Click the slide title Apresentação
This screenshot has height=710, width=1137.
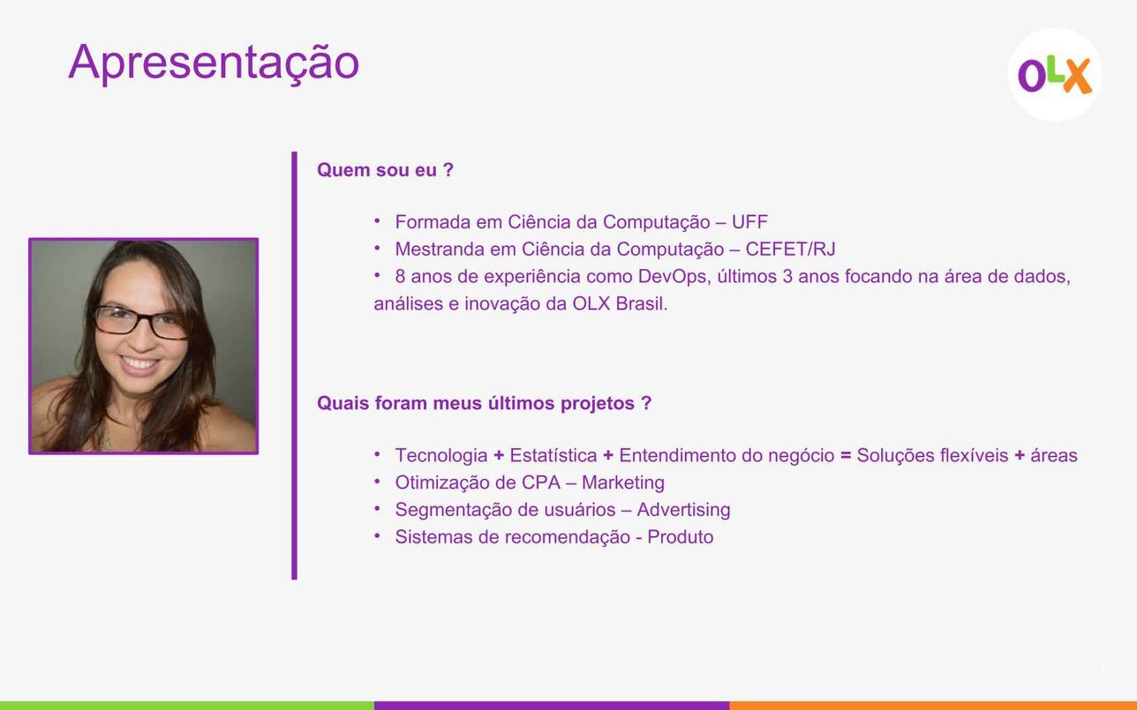click(x=214, y=64)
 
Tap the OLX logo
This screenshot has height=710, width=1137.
click(x=1055, y=75)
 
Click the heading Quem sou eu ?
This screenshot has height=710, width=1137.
click(x=385, y=170)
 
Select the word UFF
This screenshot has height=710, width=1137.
click(x=749, y=222)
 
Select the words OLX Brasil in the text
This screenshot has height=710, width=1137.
click(x=620, y=303)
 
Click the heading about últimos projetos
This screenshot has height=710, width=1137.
click(x=484, y=403)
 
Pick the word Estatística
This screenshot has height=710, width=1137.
click(x=553, y=455)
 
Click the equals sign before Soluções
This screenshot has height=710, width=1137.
click(x=846, y=455)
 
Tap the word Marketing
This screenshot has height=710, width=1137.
click(x=623, y=482)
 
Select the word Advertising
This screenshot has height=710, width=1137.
click(x=683, y=510)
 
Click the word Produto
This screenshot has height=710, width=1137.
click(x=680, y=537)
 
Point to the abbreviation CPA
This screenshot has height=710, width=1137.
click(x=542, y=482)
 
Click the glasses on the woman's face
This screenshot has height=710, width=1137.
click(x=140, y=323)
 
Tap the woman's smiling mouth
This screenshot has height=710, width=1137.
click(x=140, y=364)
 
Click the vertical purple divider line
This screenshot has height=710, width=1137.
click(x=295, y=366)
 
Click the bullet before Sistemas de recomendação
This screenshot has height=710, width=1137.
click(x=377, y=535)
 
